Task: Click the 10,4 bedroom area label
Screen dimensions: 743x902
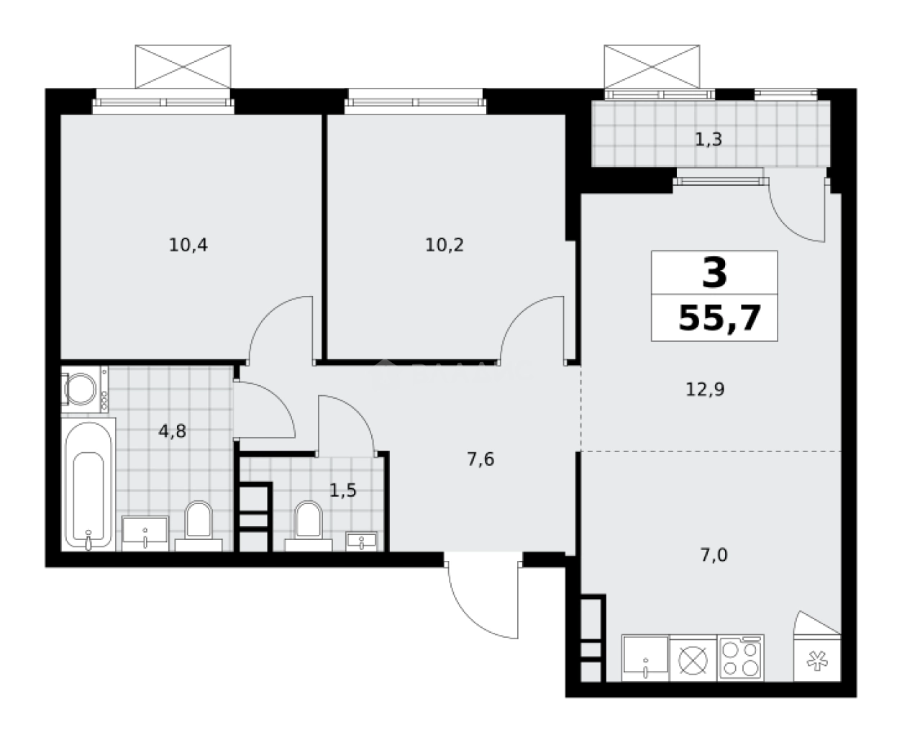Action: (188, 246)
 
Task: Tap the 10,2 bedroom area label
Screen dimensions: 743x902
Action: (444, 246)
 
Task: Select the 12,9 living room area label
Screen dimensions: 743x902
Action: (704, 389)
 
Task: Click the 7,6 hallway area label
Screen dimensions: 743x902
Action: (480, 459)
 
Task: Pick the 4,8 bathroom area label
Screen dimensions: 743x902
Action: (173, 431)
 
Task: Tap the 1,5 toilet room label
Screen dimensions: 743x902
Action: (342, 491)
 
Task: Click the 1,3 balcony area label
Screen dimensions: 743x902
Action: (709, 140)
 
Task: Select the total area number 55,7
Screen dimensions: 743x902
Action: (719, 318)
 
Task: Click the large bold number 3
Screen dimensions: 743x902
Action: (714, 273)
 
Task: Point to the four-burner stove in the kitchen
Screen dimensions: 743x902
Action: (740, 658)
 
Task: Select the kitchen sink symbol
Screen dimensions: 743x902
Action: (645, 658)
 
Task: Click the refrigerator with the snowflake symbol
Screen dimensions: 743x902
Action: (816, 659)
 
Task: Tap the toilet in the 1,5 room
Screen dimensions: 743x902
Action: (308, 521)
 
